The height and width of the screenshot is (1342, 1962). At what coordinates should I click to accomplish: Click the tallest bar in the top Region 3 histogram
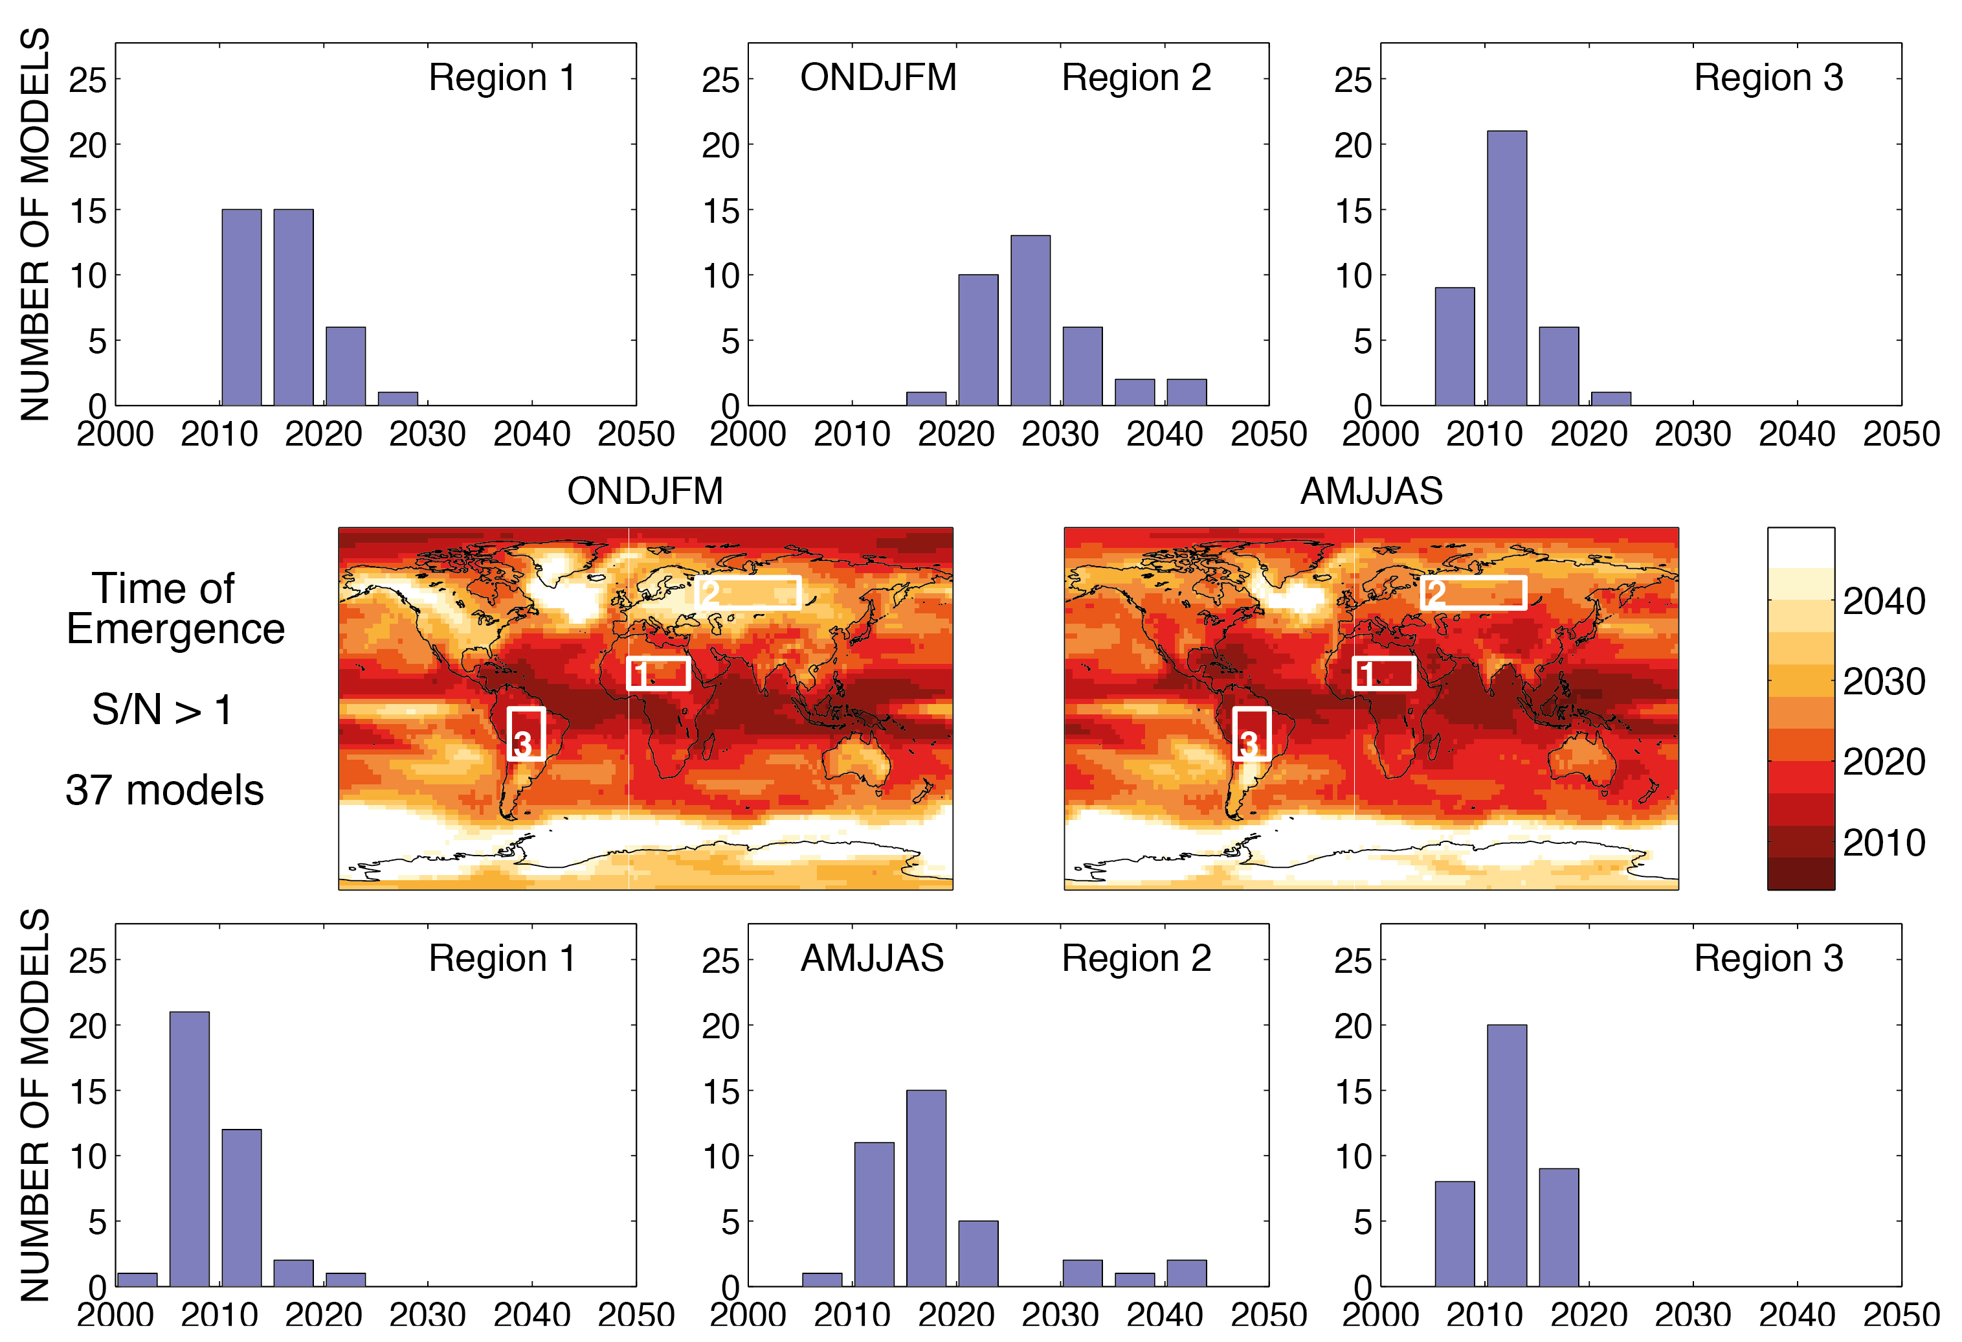point(1506,269)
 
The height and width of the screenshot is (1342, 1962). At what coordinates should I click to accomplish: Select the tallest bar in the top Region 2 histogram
point(1030,321)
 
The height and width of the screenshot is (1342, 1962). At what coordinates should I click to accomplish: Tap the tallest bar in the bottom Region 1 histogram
point(189,1148)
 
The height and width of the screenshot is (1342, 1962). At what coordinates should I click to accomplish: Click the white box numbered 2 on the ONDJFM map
point(748,593)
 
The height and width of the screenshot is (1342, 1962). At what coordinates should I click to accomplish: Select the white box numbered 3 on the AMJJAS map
point(1251,734)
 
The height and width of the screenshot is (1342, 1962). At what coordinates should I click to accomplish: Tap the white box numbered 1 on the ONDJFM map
point(658,673)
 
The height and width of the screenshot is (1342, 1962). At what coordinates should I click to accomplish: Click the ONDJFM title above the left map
point(645,492)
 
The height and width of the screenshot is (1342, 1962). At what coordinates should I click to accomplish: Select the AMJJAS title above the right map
point(1371,492)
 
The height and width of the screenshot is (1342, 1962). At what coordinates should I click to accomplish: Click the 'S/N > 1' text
point(162,709)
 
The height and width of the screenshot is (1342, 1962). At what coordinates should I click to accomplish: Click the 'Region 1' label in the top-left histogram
point(502,78)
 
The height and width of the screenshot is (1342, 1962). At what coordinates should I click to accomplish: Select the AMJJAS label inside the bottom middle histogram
point(872,959)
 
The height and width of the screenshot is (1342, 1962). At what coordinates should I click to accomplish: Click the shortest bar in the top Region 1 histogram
point(397,398)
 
